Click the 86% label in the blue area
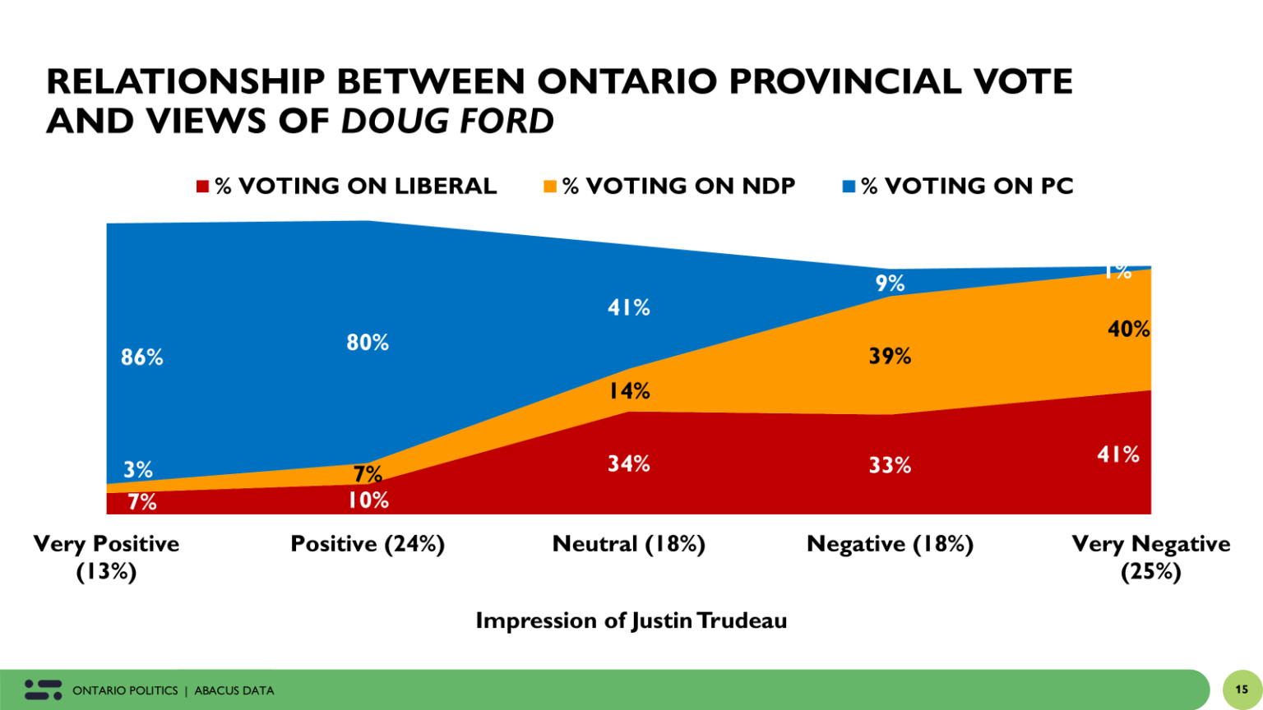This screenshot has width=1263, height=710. (x=141, y=357)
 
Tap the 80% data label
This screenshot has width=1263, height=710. (x=368, y=343)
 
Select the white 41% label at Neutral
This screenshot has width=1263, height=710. (x=629, y=308)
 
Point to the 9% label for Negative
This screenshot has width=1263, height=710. (x=890, y=284)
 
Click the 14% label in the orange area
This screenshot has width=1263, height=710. (x=629, y=391)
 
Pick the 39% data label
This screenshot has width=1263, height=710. (x=890, y=357)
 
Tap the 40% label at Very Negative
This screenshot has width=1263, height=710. (x=1128, y=330)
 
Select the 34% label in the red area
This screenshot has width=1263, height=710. (x=629, y=464)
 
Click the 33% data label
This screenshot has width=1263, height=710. (x=890, y=466)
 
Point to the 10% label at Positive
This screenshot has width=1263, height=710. (x=368, y=500)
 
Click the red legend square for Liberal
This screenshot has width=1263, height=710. (x=202, y=187)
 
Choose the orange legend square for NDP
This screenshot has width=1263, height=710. (x=550, y=187)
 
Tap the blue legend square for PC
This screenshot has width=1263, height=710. (x=849, y=187)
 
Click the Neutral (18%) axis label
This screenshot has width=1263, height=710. (x=629, y=544)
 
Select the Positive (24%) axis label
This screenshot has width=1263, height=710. (x=368, y=544)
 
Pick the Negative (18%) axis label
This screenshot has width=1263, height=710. (x=890, y=544)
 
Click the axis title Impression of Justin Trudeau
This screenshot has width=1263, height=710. (x=631, y=620)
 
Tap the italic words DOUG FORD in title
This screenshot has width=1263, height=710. (x=447, y=122)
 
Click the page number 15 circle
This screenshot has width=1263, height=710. (x=1242, y=689)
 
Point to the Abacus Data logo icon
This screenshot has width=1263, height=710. (x=43, y=689)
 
